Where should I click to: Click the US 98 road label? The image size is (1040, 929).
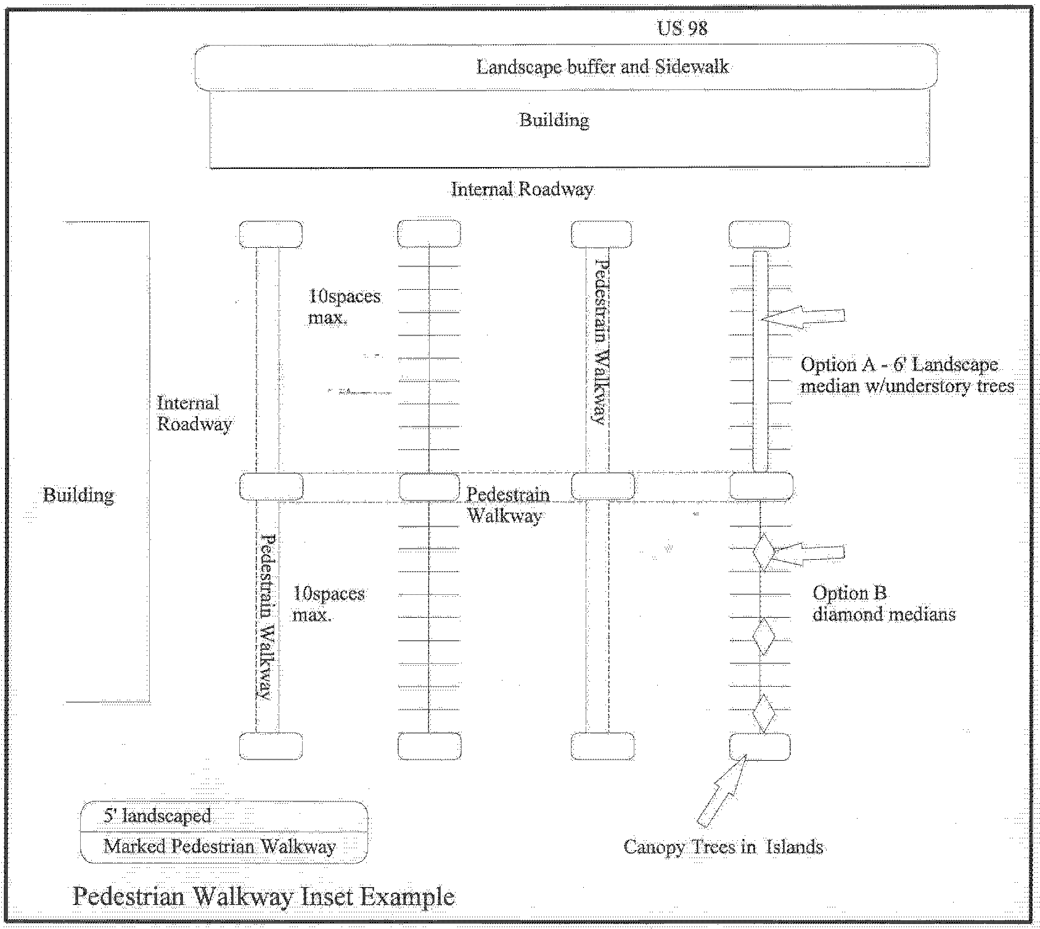[x=682, y=28]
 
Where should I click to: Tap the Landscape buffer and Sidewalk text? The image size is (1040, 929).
[x=602, y=67]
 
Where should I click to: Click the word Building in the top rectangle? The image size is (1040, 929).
[x=554, y=120]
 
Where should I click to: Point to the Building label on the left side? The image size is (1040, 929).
[x=78, y=495]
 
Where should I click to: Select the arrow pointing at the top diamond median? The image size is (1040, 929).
[x=808, y=553]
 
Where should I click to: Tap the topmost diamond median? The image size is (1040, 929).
[x=763, y=551]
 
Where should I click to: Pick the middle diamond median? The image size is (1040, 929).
[x=764, y=636]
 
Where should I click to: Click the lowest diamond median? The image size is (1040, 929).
[x=764, y=713]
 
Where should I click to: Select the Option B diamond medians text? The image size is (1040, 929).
[x=883, y=604]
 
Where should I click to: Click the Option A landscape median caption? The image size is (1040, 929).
[x=907, y=375]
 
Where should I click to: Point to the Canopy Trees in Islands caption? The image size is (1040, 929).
[x=723, y=846]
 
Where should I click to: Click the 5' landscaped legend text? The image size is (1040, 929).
[x=157, y=816]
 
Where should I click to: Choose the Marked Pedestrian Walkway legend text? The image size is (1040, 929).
[x=219, y=846]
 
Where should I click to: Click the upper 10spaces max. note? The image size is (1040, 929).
[x=344, y=307]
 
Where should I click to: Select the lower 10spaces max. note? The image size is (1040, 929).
[x=328, y=604]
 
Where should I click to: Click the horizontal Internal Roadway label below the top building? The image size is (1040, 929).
[x=522, y=189]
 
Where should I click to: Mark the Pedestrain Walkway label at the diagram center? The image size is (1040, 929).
[x=507, y=505]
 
